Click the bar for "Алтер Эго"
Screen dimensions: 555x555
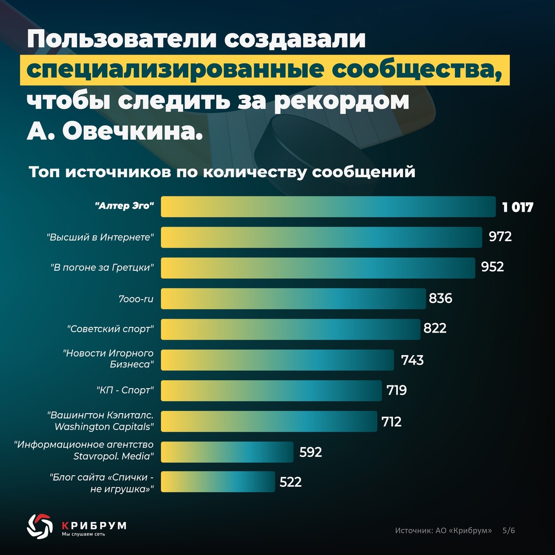(328, 207)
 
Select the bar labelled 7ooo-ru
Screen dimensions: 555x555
(293, 299)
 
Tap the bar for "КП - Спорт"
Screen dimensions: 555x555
(271, 391)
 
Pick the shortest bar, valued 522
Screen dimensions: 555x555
(218, 482)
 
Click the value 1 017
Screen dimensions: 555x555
(518, 207)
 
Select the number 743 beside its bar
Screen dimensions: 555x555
(413, 360)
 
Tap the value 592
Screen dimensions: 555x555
(310, 452)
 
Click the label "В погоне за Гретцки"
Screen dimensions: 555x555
(103, 268)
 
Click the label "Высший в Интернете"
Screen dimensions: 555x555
(101, 237)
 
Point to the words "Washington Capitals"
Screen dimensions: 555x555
(104, 427)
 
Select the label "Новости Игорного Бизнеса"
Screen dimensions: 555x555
(108, 359)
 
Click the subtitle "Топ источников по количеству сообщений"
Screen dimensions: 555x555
(222, 172)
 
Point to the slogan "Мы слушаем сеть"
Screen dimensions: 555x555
(84, 534)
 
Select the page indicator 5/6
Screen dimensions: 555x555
(508, 530)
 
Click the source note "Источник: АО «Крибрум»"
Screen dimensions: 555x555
(443, 530)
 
